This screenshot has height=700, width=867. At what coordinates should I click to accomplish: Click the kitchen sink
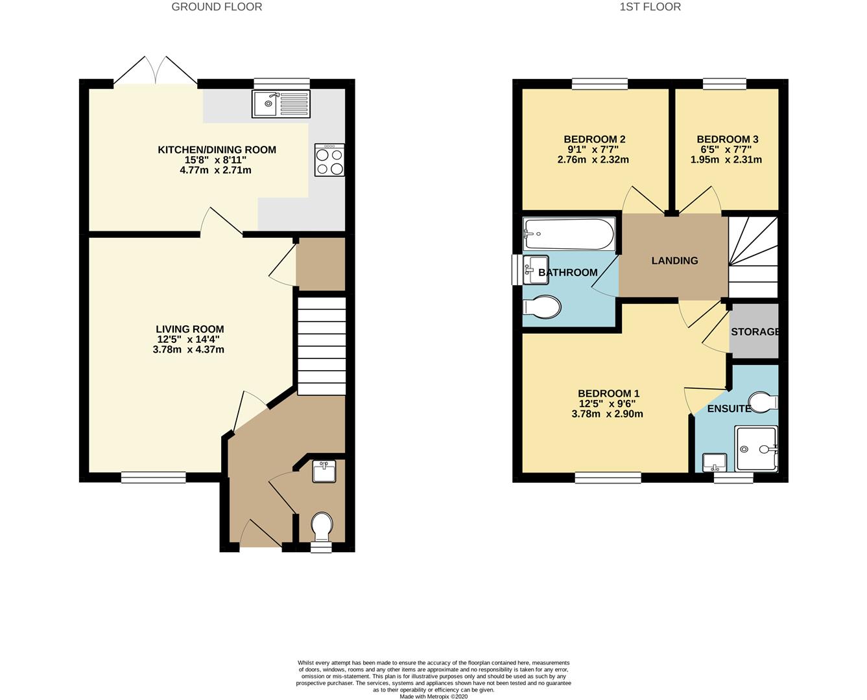tap(281, 104)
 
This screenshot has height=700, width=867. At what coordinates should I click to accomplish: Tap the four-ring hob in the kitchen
tap(329, 160)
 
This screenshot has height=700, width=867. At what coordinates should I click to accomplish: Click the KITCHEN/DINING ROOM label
tap(217, 150)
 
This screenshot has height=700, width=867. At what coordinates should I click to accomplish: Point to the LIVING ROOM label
tap(190, 329)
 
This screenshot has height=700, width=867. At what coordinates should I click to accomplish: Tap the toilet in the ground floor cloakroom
tap(322, 525)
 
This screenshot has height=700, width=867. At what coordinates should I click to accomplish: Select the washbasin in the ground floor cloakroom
tap(324, 471)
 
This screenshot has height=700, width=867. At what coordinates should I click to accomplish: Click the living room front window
tap(154, 478)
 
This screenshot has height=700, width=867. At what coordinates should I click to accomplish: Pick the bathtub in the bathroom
tap(569, 235)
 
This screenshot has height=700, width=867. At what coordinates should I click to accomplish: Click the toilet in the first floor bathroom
tap(543, 308)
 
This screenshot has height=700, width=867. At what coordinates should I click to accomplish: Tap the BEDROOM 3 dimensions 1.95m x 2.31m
tap(727, 159)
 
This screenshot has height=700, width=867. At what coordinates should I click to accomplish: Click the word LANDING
tap(674, 261)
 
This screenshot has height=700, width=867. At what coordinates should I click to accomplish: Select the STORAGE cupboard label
tap(755, 332)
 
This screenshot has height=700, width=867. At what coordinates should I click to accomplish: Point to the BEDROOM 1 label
tap(608, 393)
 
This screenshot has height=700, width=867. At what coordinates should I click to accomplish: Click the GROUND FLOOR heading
tap(217, 7)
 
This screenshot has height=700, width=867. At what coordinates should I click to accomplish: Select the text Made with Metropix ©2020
tap(433, 696)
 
